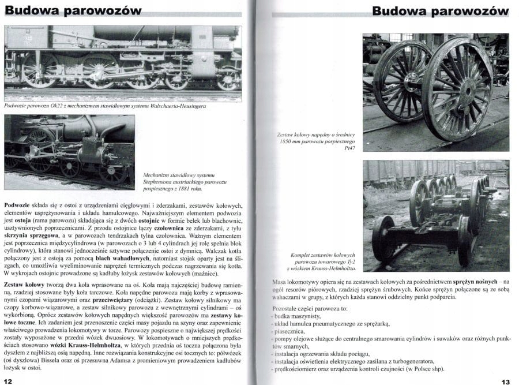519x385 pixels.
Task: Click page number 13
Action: pos(505,381)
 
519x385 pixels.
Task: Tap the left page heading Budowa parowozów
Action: pos(73,11)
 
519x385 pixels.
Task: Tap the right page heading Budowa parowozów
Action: pos(441,11)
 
